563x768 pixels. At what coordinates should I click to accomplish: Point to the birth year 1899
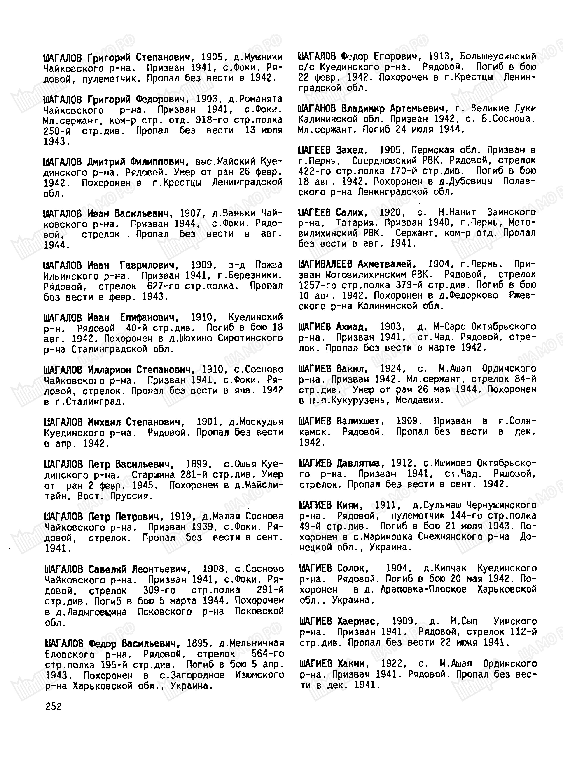click(197, 464)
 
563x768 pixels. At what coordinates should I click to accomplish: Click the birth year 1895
click(197, 643)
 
